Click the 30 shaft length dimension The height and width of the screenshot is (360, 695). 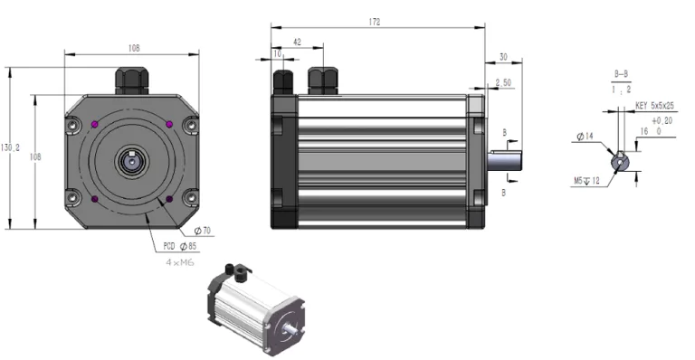click(x=503, y=56)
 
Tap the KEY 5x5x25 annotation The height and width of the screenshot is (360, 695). click(x=656, y=106)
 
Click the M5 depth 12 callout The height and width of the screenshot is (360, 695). click(x=588, y=181)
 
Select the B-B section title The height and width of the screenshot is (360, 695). click(x=622, y=71)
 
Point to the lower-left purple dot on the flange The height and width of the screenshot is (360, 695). click(x=96, y=199)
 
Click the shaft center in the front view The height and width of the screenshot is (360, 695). click(x=132, y=161)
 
